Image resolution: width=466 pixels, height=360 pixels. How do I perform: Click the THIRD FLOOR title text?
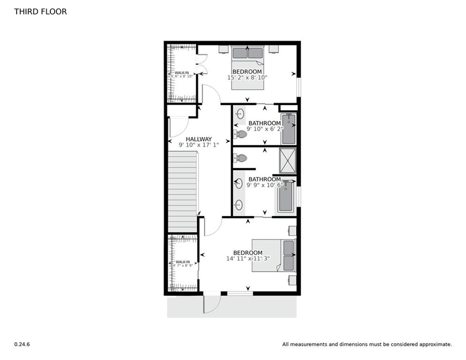point(40,12)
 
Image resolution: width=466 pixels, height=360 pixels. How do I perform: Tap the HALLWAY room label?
point(199,139)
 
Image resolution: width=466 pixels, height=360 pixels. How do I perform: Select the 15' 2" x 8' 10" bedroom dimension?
point(247,77)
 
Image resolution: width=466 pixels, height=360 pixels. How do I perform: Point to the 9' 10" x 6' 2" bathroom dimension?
point(265,129)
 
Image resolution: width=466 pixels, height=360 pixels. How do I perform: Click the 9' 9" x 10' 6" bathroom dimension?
point(264,185)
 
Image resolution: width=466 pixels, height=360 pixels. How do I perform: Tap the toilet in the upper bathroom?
point(241,134)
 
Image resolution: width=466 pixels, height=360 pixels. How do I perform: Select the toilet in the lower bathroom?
point(241,158)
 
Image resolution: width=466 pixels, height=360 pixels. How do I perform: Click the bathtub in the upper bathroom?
point(288,128)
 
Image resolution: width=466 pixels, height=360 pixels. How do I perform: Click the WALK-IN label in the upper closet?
point(182,73)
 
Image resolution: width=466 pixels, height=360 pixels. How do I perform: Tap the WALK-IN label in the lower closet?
point(183,262)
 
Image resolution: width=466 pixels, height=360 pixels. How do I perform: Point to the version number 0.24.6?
point(22,344)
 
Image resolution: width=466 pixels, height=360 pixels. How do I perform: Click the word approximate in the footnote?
point(434,344)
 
